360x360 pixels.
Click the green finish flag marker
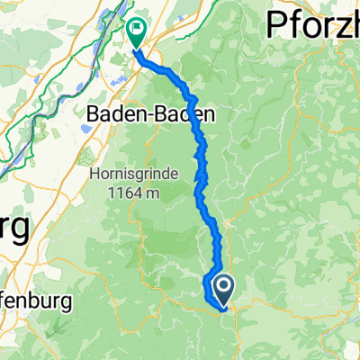(137, 33)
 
